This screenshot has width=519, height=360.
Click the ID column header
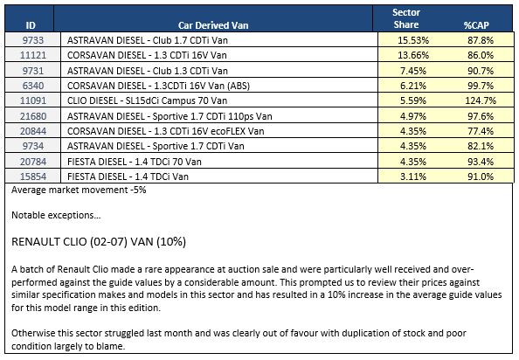pos(31,25)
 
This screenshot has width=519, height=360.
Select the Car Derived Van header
pos(213,25)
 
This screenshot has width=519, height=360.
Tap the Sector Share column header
pos(406,18)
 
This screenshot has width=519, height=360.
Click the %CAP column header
pos(476,25)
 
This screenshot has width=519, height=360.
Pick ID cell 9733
pos(33,40)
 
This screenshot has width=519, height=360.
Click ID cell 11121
pos(33,55)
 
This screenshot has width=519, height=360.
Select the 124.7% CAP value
pos(481,100)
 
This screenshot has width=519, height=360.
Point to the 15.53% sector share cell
pos(413,40)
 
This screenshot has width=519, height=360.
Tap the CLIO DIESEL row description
pos(148,100)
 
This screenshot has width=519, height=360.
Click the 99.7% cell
pos(481,86)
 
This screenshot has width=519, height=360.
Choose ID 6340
pos(33,86)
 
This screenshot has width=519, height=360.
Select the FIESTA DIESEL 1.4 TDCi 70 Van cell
pos(135,162)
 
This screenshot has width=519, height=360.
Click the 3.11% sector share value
pos(413,177)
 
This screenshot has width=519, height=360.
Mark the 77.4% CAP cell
pos(481,131)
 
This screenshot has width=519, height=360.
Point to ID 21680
pos(33,116)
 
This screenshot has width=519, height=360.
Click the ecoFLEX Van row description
pos(166,131)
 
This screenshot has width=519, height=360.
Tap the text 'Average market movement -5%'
pos(79,190)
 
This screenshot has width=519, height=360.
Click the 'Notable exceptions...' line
pos(56,216)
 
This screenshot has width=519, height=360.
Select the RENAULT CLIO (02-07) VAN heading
pos(99,242)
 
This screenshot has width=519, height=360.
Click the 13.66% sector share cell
pos(413,55)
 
